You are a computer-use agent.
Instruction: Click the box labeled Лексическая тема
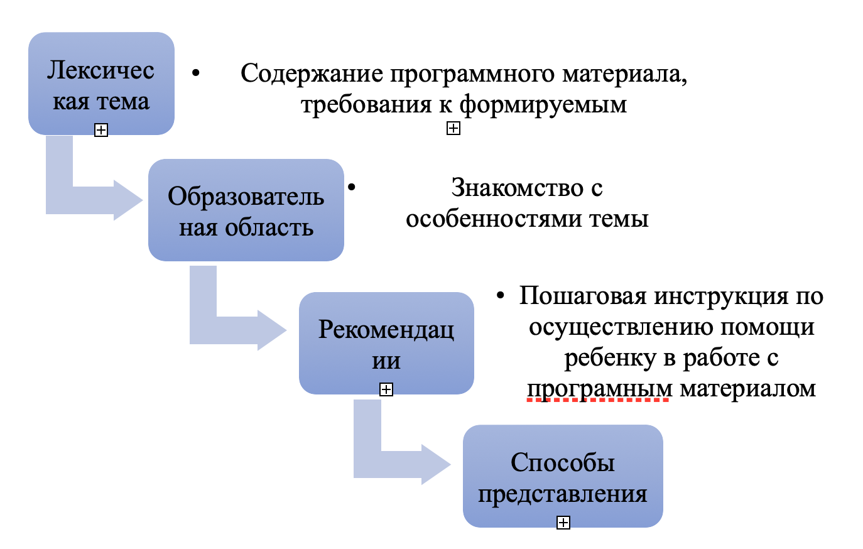click(x=101, y=84)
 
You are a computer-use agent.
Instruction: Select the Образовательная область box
click(x=246, y=210)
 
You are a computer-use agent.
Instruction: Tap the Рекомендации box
click(x=386, y=343)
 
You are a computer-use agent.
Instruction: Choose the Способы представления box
click(x=563, y=476)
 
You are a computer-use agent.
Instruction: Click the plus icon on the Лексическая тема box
click(x=101, y=130)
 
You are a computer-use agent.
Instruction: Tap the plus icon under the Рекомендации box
click(x=386, y=389)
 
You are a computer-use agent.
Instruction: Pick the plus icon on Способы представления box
click(x=563, y=523)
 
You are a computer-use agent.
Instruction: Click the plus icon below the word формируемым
click(x=453, y=128)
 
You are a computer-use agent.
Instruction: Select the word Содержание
click(x=312, y=73)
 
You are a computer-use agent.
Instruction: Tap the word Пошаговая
click(x=582, y=296)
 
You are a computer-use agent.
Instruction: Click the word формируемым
click(x=543, y=105)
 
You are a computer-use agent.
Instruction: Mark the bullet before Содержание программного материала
click(x=196, y=73)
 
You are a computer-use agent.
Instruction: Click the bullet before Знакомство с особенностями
click(x=351, y=187)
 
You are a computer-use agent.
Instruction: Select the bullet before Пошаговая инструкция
click(x=500, y=296)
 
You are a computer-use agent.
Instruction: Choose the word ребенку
click(x=611, y=358)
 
